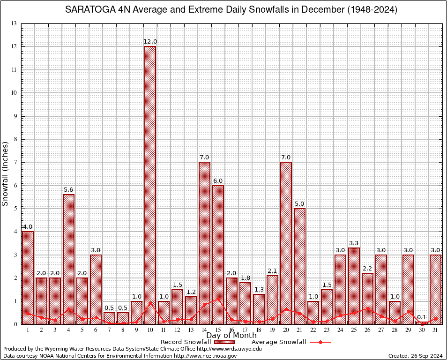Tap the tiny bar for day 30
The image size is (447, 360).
[422, 323]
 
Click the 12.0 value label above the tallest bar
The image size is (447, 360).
[150, 42]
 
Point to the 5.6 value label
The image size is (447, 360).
[68, 190]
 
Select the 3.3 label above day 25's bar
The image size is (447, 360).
[354, 243]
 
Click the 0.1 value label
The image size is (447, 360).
[422, 317]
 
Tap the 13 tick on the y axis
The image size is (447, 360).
[14, 24]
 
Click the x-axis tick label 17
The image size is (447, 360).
[245, 330]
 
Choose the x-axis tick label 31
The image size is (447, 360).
[436, 330]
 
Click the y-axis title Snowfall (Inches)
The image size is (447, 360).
[6, 173]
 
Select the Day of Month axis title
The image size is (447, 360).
[231, 336]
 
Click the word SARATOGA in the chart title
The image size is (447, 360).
[89, 9]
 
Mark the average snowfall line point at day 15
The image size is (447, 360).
[218, 298]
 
